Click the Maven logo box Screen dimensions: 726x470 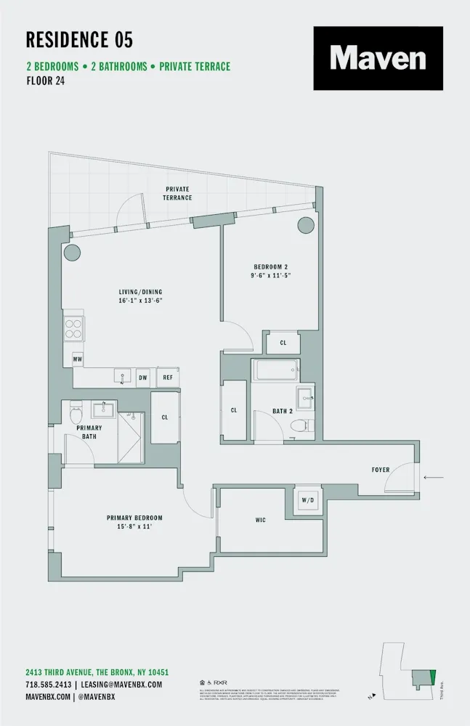click(378, 58)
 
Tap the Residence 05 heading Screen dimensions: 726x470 click(79, 39)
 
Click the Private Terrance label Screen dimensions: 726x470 click(177, 193)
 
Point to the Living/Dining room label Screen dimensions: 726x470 click(139, 295)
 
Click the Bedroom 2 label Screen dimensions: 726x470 click(270, 271)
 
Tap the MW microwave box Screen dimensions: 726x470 click(77, 359)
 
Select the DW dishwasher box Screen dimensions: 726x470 click(143, 377)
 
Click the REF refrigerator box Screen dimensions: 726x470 click(167, 377)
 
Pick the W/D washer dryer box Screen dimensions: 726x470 click(308, 500)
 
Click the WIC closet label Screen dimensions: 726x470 click(262, 520)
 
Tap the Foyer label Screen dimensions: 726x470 click(381, 470)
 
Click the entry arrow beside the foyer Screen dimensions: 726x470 click(433, 477)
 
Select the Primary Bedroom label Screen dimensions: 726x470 click(134, 522)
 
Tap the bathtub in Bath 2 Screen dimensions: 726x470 click(275, 370)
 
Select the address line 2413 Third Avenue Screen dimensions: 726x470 click(97, 673)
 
